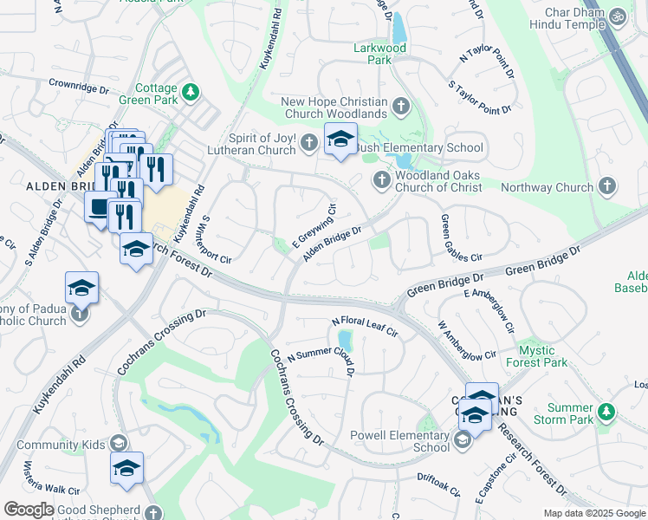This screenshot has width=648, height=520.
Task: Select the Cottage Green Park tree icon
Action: tap(191, 92)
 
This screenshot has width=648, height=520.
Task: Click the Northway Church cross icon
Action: tap(607, 186)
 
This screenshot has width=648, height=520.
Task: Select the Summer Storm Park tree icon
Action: tap(607, 409)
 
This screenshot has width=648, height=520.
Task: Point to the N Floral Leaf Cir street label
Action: tap(365, 327)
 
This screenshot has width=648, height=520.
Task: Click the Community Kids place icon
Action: tap(120, 445)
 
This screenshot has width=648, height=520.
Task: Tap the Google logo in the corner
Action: tap(29, 510)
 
